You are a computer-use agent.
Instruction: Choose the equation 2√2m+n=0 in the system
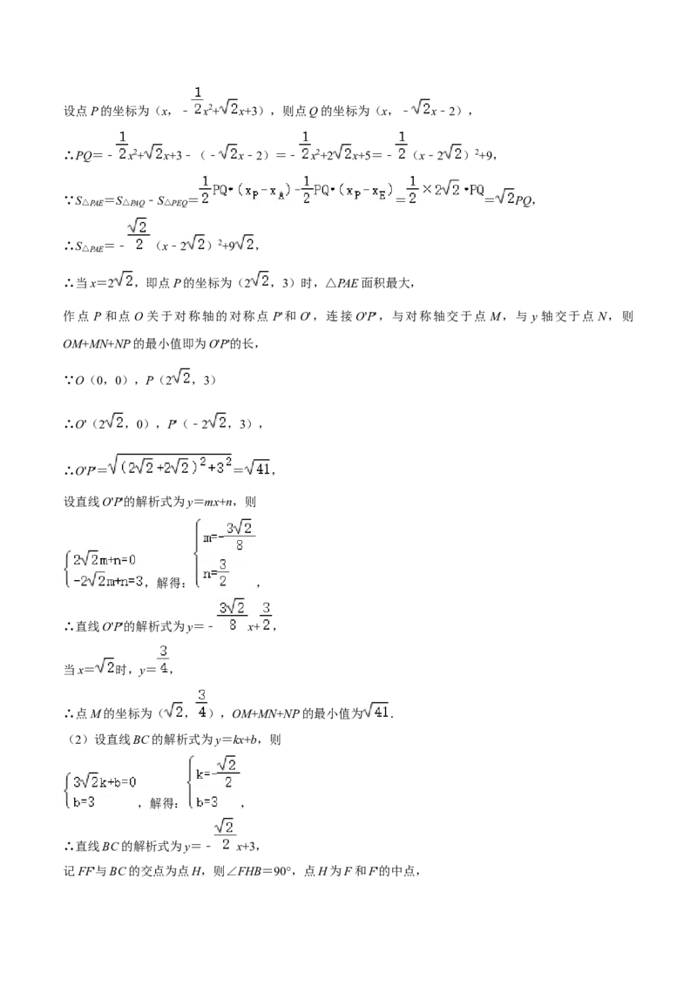click(x=104, y=560)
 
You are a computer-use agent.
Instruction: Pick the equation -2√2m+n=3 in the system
click(x=107, y=580)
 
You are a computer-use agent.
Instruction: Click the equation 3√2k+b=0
click(x=104, y=781)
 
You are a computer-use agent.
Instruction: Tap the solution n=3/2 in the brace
click(x=215, y=572)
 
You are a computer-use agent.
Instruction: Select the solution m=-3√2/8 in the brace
click(x=227, y=536)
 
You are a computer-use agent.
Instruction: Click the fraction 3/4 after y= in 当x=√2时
click(x=164, y=660)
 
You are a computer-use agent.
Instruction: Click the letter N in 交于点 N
click(x=602, y=317)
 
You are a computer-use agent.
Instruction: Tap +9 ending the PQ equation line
click(x=484, y=154)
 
